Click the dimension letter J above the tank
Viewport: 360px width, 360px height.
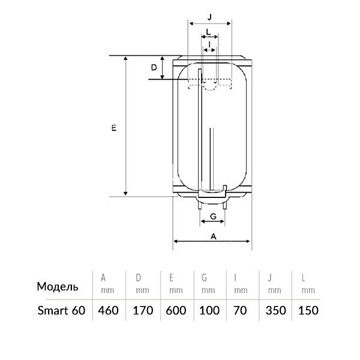(209, 17)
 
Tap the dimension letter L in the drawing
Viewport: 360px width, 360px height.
(208, 32)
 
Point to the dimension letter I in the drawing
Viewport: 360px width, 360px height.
(209, 44)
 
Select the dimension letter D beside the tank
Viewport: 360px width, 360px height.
(154, 67)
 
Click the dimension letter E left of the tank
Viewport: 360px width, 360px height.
(114, 128)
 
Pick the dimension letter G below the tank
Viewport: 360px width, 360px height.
(213, 216)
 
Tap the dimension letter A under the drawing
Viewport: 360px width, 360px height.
(214, 236)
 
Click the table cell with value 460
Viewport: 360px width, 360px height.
(108, 310)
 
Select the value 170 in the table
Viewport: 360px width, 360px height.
(143, 310)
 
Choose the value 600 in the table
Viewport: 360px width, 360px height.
(176, 310)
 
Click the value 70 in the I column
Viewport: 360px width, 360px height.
(240, 310)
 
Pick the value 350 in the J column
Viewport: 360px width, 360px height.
(276, 310)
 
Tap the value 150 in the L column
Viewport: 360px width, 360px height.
(308, 310)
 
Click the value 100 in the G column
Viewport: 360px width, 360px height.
(209, 310)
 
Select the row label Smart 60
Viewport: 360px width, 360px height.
(61, 310)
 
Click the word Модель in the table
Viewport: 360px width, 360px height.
(58, 287)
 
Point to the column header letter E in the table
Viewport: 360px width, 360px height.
(171, 278)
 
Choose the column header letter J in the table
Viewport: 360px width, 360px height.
(270, 278)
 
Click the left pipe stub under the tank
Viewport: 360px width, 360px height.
(200, 205)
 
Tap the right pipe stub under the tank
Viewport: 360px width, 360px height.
(225, 205)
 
